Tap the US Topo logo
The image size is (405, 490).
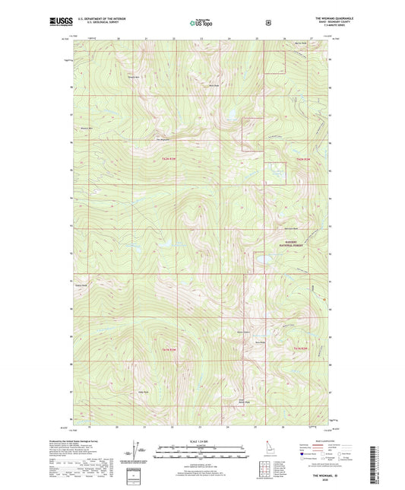click(202, 23)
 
